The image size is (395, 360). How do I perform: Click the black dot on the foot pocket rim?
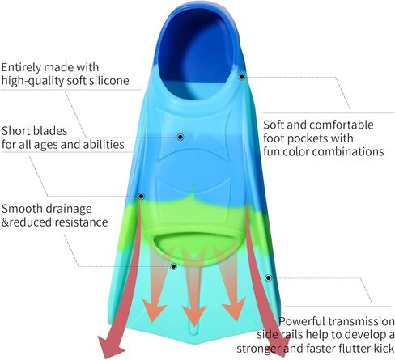coord(242,77)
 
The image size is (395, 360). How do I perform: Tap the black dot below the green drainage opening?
coord(173,267)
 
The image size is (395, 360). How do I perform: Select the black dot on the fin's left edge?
coord(141,197)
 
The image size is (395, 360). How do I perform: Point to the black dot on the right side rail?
coord(268,277)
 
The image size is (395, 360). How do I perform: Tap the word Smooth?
coord(22,209)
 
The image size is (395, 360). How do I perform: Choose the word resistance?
coord(81,222)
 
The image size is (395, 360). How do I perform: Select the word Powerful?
coord(302,321)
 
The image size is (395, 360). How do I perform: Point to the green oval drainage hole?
coord(196,247)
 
